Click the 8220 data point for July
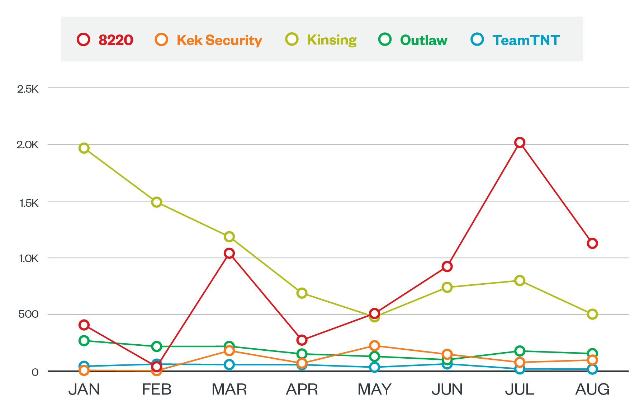pyautogui.click(x=520, y=143)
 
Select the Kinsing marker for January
pyautogui.click(x=84, y=148)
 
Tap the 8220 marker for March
pyautogui.click(x=229, y=253)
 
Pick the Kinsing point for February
pyautogui.click(x=157, y=202)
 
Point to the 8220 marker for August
pyautogui.click(x=592, y=243)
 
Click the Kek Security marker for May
pyautogui.click(x=374, y=346)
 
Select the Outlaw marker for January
pyautogui.click(x=84, y=340)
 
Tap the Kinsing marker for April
pyautogui.click(x=302, y=293)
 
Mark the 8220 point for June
pyautogui.click(x=447, y=266)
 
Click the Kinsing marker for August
pyautogui.click(x=592, y=314)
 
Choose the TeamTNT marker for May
pyautogui.click(x=374, y=367)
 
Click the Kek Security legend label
pyautogui.click(x=219, y=40)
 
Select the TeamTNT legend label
pyautogui.click(x=526, y=40)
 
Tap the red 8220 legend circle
pyautogui.click(x=84, y=39)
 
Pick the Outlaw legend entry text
pyautogui.click(x=423, y=40)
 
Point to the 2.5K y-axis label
pyautogui.click(x=28, y=89)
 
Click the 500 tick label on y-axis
pyautogui.click(x=28, y=315)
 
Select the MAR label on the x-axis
pyautogui.click(x=229, y=390)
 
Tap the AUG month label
pyautogui.click(x=592, y=390)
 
